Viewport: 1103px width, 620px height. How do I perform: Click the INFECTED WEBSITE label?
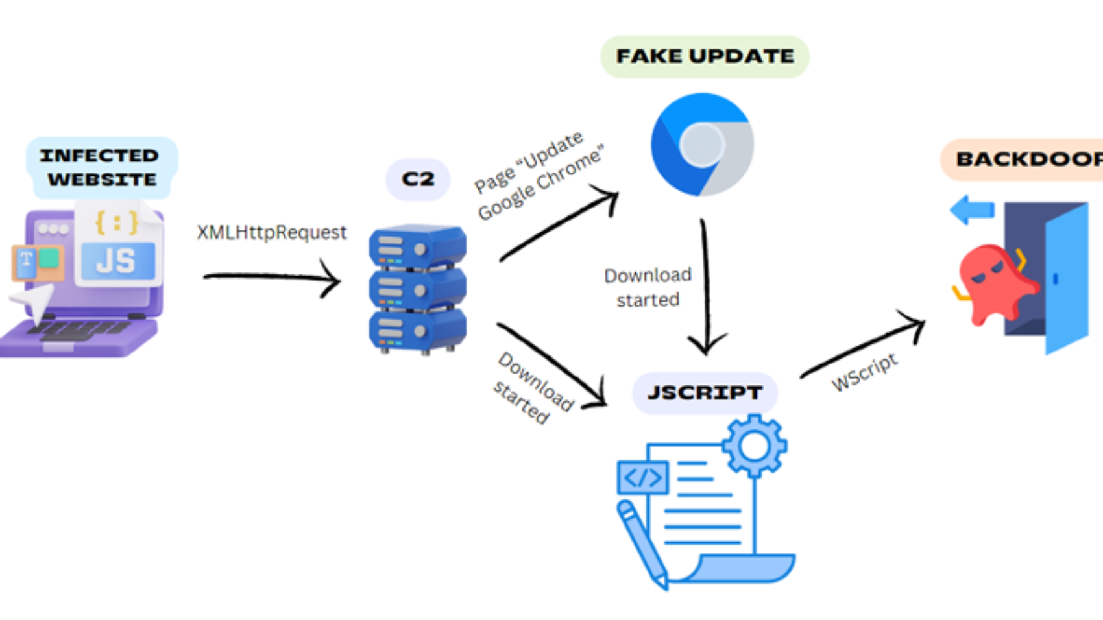coord(101,167)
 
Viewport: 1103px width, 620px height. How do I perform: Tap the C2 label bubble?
coord(418,179)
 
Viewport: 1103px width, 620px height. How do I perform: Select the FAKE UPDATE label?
coord(705,56)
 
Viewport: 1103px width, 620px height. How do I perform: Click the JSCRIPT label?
coord(705,393)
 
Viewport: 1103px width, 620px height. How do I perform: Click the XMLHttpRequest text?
coord(272,232)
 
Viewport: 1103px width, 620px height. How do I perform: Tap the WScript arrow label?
coord(864,373)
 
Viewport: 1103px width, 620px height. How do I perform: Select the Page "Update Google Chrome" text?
coord(539,175)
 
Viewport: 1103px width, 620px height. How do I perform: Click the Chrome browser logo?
coord(702,145)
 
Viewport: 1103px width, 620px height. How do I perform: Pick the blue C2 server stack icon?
coord(417,289)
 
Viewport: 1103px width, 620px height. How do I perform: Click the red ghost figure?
coord(993,283)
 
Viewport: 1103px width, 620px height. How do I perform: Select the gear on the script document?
coord(754,446)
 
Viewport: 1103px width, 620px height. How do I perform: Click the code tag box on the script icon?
coord(642,477)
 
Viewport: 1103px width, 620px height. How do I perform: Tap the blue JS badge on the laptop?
coord(117,261)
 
